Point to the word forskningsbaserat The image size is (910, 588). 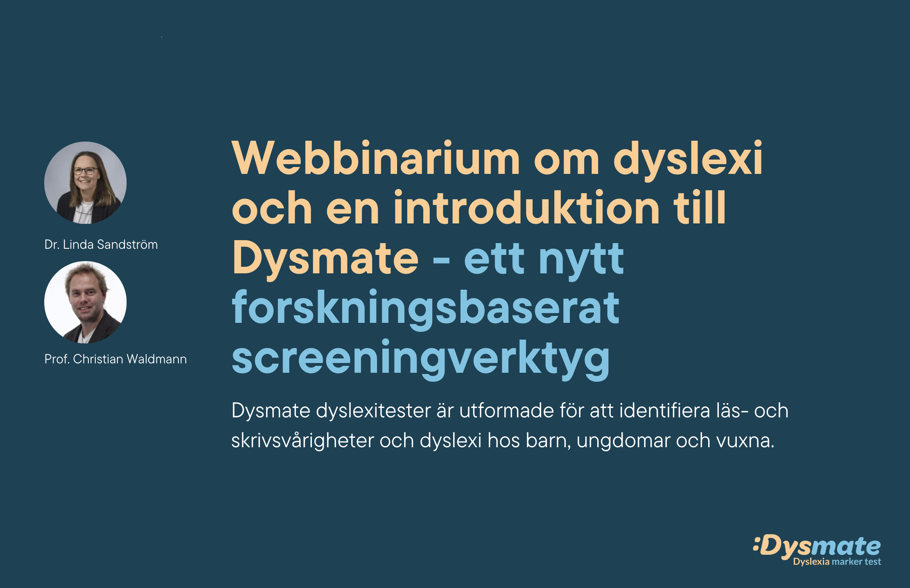point(426,309)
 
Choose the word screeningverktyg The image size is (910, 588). point(421,359)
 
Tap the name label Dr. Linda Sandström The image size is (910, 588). point(101,244)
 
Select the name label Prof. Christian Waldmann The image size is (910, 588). point(115,359)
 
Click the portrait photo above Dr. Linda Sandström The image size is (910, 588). point(86,182)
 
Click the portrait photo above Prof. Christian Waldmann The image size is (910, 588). point(86,302)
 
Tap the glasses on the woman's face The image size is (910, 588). point(86,171)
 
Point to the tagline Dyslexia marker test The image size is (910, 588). point(837,562)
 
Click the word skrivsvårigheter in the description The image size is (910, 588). point(303,441)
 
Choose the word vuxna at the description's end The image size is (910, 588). point(743,441)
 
